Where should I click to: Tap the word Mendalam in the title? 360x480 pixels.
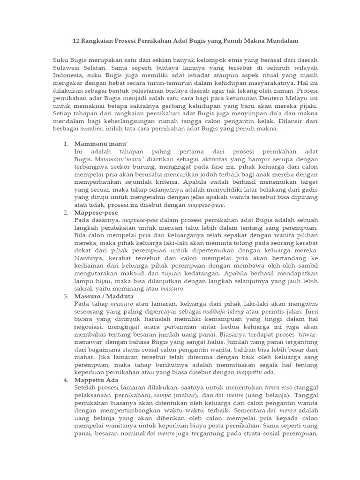tap(281, 41)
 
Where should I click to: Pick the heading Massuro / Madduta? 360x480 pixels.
tap(104, 296)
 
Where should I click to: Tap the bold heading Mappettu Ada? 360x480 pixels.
tap(97, 380)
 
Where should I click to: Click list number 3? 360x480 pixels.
tap(66, 296)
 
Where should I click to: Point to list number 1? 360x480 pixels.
tap(66, 143)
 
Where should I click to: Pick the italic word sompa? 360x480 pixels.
tap(165, 396)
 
